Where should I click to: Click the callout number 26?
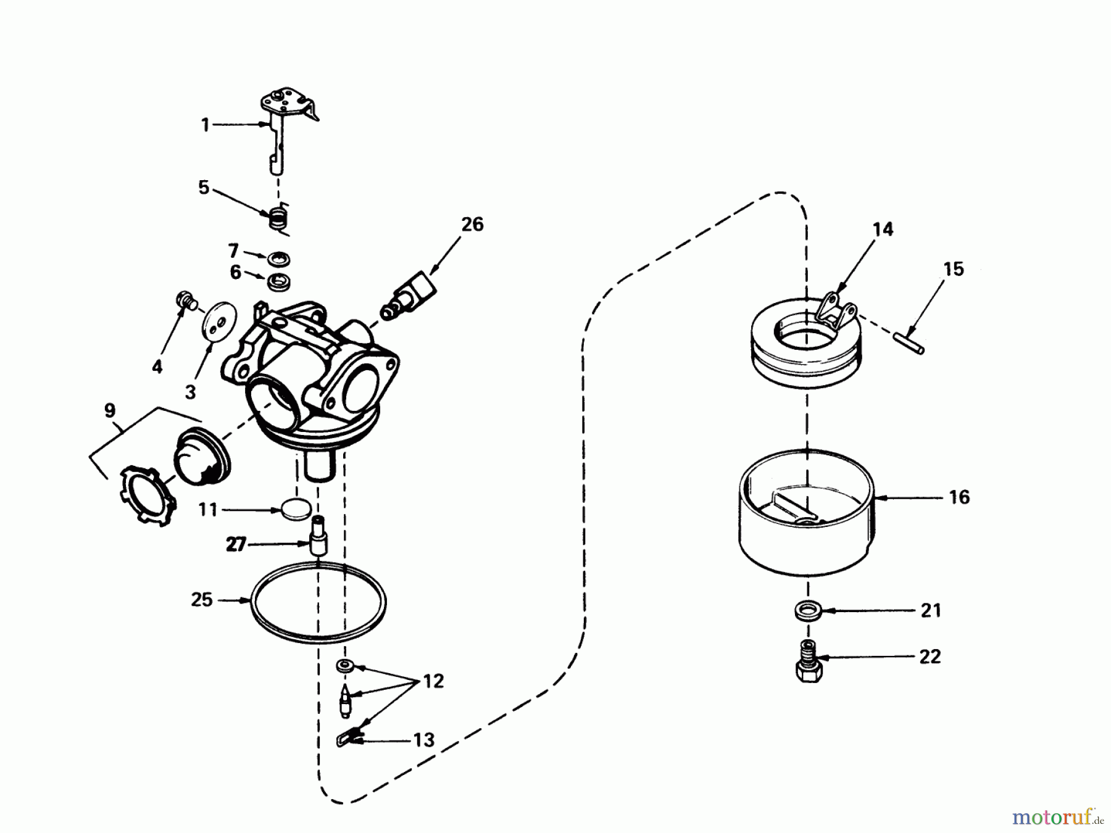tap(472, 225)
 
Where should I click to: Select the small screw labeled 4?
tap(186, 300)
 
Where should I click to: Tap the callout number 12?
tap(433, 681)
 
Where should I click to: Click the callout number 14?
tap(883, 230)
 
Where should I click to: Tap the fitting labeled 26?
tap(410, 294)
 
